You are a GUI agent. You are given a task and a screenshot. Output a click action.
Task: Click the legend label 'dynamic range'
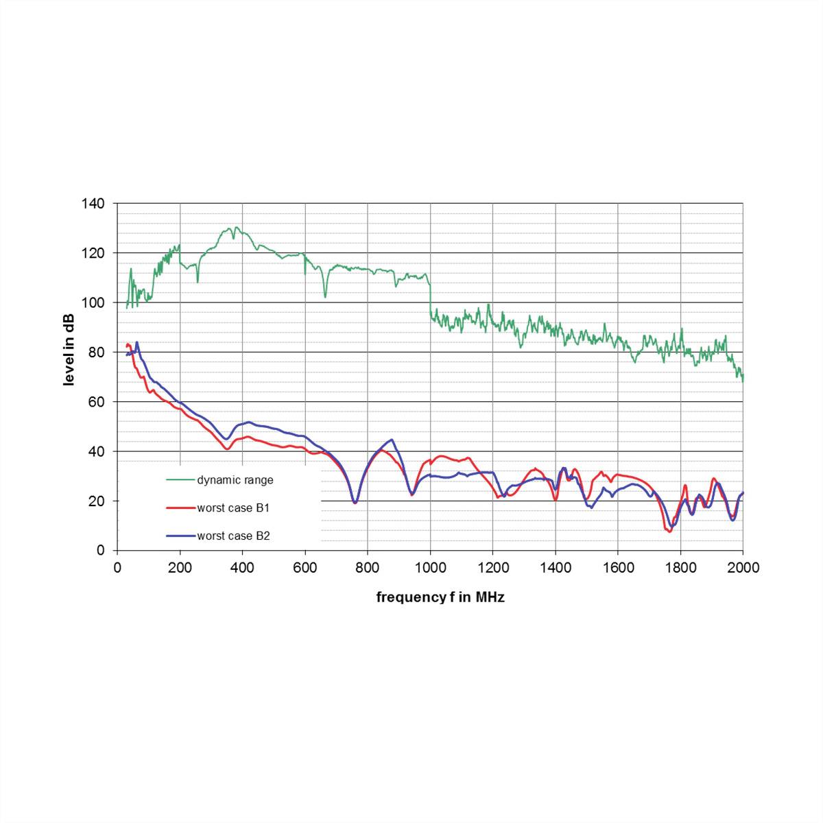point(235,480)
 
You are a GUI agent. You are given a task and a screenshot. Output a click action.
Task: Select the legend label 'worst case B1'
point(233,508)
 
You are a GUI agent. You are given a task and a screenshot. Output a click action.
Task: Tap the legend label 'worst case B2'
point(233,536)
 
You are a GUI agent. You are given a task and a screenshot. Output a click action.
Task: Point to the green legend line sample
point(180,480)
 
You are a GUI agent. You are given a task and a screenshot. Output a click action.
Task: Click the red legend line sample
point(180,508)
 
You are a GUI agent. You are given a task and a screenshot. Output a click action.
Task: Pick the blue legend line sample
point(180,536)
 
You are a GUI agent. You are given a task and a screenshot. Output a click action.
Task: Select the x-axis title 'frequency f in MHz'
point(440,597)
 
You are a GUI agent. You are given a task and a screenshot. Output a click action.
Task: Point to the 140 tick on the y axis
point(93,204)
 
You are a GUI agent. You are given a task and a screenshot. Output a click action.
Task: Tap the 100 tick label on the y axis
point(93,302)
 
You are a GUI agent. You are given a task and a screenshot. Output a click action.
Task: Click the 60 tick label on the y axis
point(97,402)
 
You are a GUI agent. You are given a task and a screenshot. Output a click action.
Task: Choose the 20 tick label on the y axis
point(97,501)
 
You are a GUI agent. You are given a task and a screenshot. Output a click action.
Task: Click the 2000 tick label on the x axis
point(743,568)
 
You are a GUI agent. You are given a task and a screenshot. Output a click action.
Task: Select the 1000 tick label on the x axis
point(431,568)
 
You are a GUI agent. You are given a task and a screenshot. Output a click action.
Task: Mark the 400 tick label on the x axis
point(243,568)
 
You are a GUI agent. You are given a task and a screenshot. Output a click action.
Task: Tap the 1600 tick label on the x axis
point(618,568)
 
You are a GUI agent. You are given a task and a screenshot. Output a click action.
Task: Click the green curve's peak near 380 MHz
point(237,227)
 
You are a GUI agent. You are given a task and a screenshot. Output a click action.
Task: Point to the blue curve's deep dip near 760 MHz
point(355,503)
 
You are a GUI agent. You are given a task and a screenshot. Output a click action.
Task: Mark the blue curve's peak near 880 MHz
point(392,440)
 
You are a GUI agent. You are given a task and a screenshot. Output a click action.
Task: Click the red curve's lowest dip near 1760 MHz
point(669,531)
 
